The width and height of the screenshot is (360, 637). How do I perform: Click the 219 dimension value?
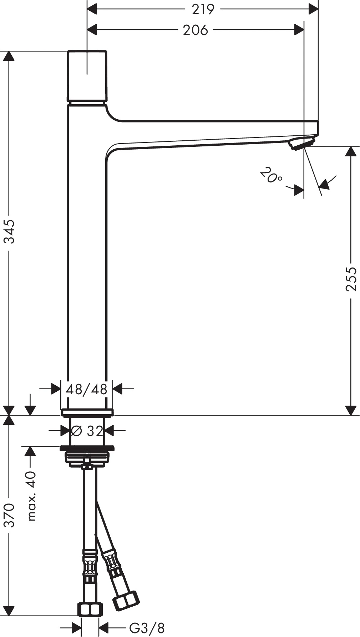203,9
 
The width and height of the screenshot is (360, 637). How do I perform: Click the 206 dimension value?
195,30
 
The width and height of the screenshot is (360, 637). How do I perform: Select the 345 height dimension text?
9,231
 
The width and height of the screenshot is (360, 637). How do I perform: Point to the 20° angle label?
271,176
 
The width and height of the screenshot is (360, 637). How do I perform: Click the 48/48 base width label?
87,389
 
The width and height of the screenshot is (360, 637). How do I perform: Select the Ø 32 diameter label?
87,431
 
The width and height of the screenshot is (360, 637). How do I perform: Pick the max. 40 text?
31,496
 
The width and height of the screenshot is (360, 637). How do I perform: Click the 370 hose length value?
9,515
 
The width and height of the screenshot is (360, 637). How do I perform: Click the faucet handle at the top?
87,76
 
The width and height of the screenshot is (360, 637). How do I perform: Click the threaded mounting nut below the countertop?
87,458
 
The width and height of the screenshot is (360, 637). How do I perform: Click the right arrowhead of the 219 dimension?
313,9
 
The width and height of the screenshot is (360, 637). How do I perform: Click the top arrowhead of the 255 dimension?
351,151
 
